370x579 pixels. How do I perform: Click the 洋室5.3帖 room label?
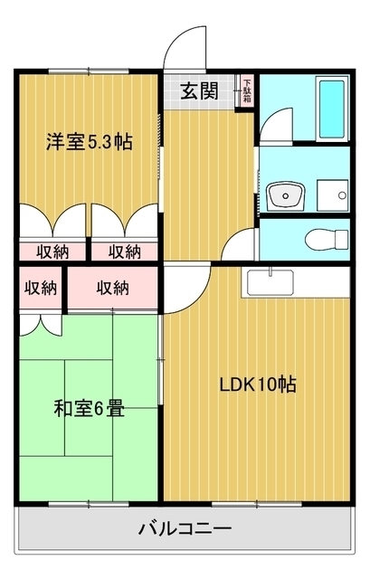tap(90, 141)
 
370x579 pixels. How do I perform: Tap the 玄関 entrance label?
tap(198, 90)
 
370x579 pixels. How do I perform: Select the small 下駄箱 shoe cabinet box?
tap(246, 91)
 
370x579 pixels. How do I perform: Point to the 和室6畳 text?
tap(88, 408)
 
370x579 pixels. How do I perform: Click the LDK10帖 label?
tap(258, 384)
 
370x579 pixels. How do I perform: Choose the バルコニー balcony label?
tap(185, 528)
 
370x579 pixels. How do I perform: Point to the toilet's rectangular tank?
tap(340, 240)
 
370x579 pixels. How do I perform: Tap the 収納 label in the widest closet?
tap(112, 288)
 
